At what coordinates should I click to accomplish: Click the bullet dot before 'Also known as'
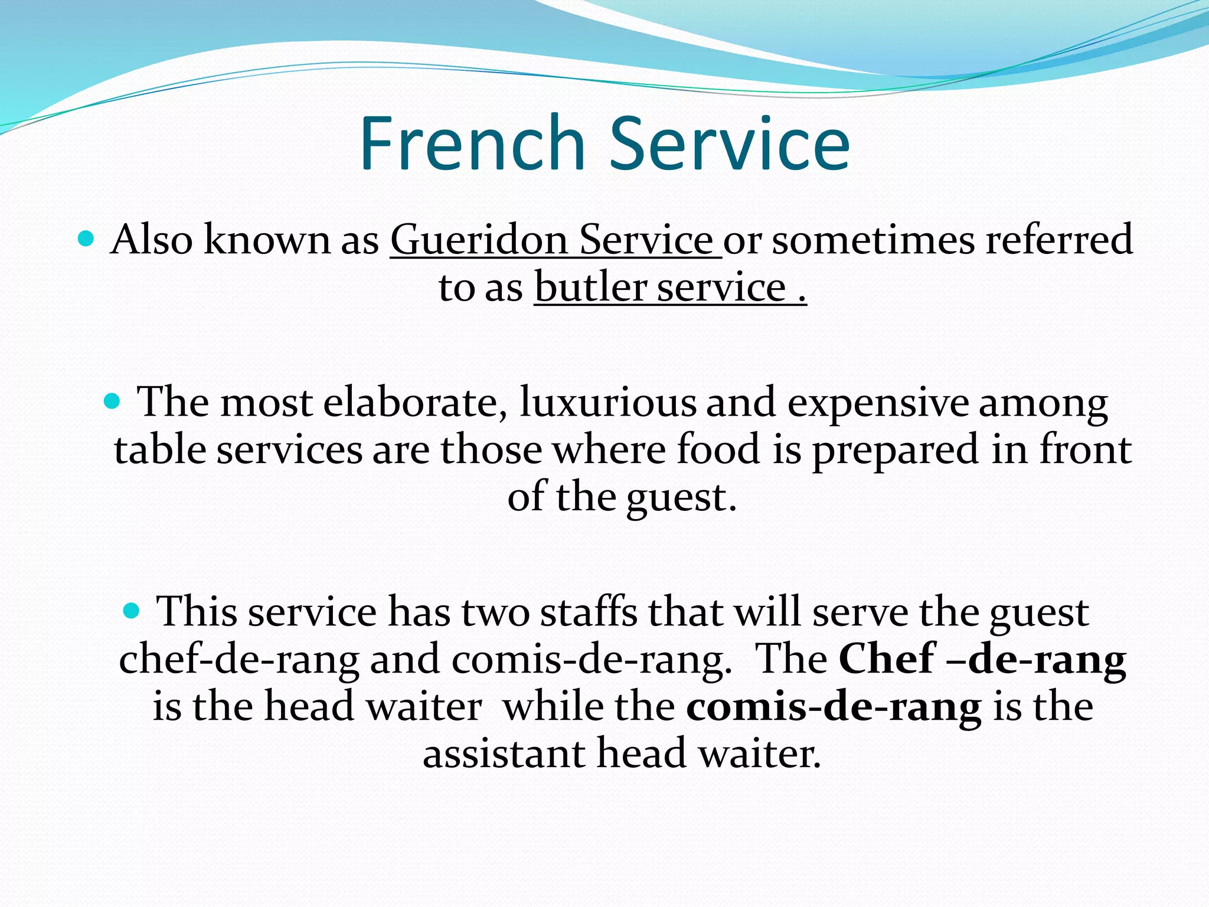[x=86, y=239]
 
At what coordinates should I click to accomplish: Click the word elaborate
[x=415, y=403]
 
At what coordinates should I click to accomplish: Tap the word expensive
[x=878, y=403]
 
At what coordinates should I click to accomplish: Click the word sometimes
[x=873, y=240]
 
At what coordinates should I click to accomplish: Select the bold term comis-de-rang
[x=834, y=707]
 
